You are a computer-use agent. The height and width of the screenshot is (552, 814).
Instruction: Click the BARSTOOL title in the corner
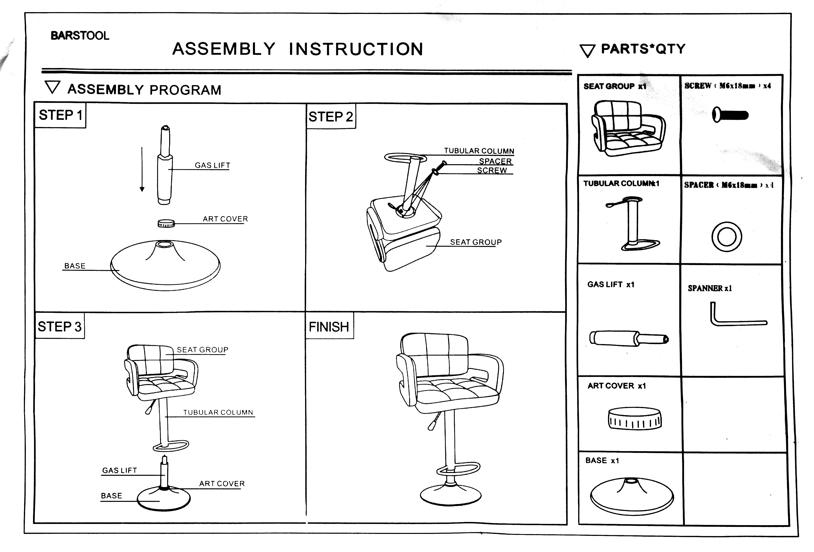80,36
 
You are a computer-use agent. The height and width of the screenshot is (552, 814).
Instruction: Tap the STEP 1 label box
60,115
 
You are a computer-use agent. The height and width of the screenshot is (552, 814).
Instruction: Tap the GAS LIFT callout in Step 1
212,165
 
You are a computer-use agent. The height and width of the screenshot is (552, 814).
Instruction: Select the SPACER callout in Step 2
495,161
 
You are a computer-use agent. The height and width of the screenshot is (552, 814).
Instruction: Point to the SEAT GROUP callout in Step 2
476,242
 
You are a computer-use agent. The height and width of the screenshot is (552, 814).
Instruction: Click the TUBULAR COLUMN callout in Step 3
218,412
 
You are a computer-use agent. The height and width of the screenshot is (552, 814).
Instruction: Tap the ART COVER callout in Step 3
222,484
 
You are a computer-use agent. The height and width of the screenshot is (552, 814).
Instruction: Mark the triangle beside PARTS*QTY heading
587,50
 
